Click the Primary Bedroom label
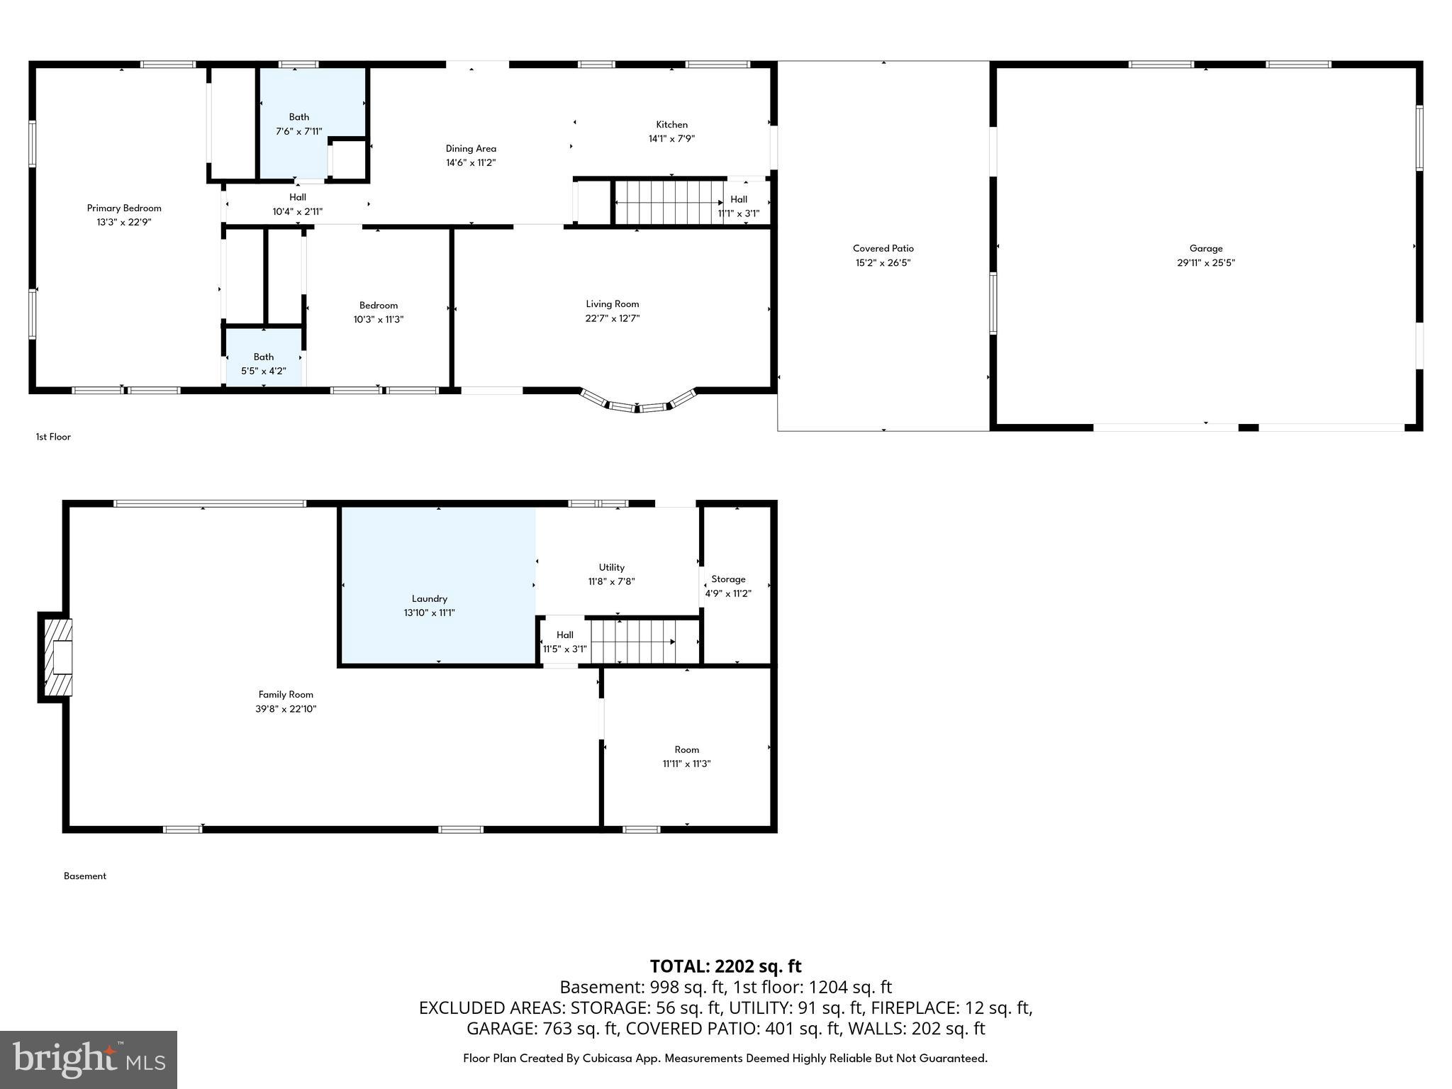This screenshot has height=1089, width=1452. [x=124, y=208]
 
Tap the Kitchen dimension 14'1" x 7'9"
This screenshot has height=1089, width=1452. [x=671, y=139]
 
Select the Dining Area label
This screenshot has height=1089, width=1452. [x=471, y=148]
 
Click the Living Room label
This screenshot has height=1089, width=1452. [x=612, y=303]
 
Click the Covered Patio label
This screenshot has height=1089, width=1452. [x=883, y=248]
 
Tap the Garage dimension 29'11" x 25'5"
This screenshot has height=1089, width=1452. [x=1205, y=262]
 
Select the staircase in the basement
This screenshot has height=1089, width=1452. [x=632, y=642]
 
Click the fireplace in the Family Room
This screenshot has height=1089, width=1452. [x=57, y=656]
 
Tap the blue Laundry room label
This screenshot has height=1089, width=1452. [x=430, y=598]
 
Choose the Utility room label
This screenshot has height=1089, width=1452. [x=611, y=567]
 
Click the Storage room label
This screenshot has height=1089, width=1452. [x=728, y=579]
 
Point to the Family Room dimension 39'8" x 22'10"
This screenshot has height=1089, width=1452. [x=286, y=708]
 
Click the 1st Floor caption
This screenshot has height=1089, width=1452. [x=53, y=437]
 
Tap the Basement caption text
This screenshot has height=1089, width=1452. [x=85, y=876]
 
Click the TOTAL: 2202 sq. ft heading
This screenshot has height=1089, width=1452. [x=725, y=966]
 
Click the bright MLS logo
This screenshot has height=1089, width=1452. [x=89, y=1059]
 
